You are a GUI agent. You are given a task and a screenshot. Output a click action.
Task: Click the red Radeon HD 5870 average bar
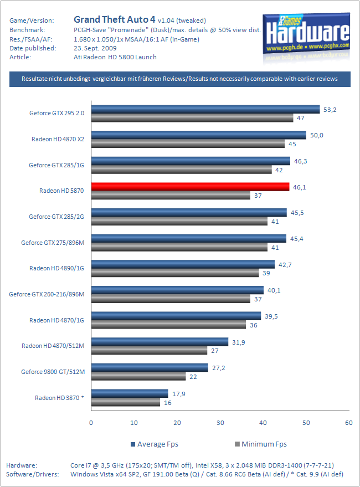190,187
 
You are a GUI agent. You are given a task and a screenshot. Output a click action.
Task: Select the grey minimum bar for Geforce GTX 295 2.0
192,118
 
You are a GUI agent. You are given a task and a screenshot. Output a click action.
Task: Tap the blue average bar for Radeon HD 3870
130,393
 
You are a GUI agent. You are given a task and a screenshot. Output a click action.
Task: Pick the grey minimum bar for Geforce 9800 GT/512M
138,376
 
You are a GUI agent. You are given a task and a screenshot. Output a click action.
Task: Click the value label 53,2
330,110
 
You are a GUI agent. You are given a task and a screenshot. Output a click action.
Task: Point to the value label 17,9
178,393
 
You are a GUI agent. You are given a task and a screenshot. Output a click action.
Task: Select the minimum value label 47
301,118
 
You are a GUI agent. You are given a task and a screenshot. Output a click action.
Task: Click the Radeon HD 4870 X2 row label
57,139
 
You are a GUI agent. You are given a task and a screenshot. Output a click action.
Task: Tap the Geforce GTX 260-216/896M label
47,294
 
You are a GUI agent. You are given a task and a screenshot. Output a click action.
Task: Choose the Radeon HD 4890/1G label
56,268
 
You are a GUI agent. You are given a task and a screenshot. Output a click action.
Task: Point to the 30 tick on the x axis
220,423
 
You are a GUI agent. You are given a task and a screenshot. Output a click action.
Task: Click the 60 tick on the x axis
348,423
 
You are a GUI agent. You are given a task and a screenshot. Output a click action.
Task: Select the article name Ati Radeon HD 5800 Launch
115,57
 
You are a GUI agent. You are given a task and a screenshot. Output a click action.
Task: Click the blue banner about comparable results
180,79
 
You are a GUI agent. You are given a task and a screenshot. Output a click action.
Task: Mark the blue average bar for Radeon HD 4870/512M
160,342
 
